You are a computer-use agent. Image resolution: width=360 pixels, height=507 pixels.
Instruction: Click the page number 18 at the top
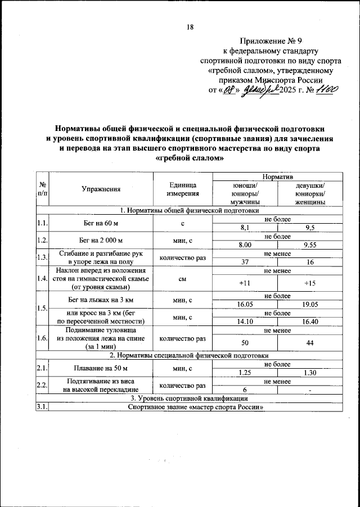point(190,27)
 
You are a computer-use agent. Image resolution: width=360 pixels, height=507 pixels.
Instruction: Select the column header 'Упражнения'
point(101,189)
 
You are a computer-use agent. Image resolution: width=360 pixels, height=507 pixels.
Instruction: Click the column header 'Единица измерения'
point(183,189)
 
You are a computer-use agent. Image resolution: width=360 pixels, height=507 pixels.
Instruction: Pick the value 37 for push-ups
point(245,261)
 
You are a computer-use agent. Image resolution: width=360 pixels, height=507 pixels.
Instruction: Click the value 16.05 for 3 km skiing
point(245,304)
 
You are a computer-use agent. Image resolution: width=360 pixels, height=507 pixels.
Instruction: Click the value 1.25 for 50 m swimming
point(245,373)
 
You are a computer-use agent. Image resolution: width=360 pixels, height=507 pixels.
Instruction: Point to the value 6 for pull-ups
point(245,390)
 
